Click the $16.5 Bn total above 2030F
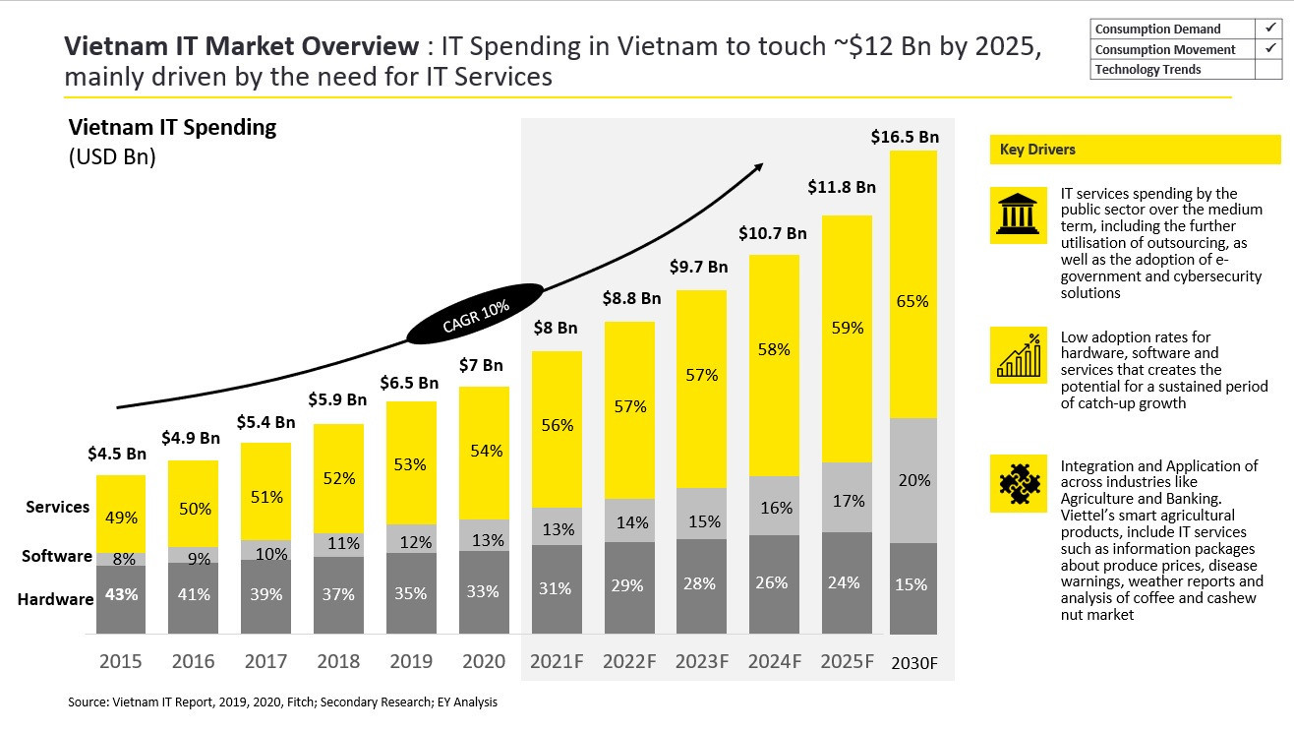[905, 138]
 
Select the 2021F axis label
[557, 661]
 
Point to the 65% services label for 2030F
[912, 301]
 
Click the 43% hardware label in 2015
[121, 594]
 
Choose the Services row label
[58, 508]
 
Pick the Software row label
[57, 557]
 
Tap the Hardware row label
[55, 599]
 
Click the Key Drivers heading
[1037, 150]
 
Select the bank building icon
[1017, 214]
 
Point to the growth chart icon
[1017, 356]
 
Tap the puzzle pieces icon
[1017, 483]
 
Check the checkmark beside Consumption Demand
[1268, 29]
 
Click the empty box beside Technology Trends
[1268, 70]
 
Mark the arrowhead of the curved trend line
[758, 167]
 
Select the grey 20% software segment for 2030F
[912, 480]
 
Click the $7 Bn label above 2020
[481, 366]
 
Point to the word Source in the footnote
[87, 702]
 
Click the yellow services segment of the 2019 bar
[410, 463]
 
